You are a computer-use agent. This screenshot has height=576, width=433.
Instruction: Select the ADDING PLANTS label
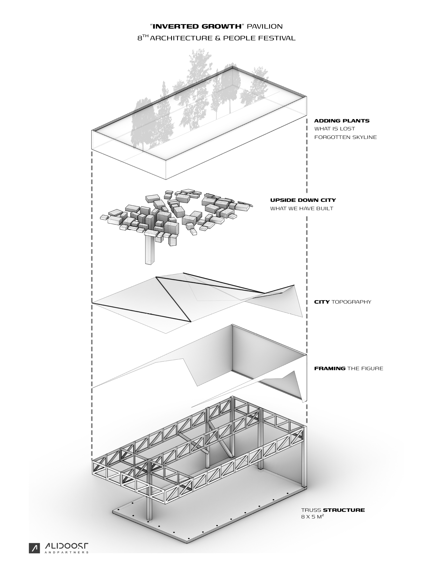[342, 121]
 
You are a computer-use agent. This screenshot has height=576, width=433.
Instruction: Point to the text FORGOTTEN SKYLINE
[345, 137]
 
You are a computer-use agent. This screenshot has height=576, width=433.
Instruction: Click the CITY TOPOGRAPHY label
[342, 302]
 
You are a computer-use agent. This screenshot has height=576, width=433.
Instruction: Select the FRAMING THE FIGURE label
[348, 368]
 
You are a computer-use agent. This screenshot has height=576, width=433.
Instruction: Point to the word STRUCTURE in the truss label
[344, 510]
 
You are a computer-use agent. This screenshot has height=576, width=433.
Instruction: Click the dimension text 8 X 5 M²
[312, 517]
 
